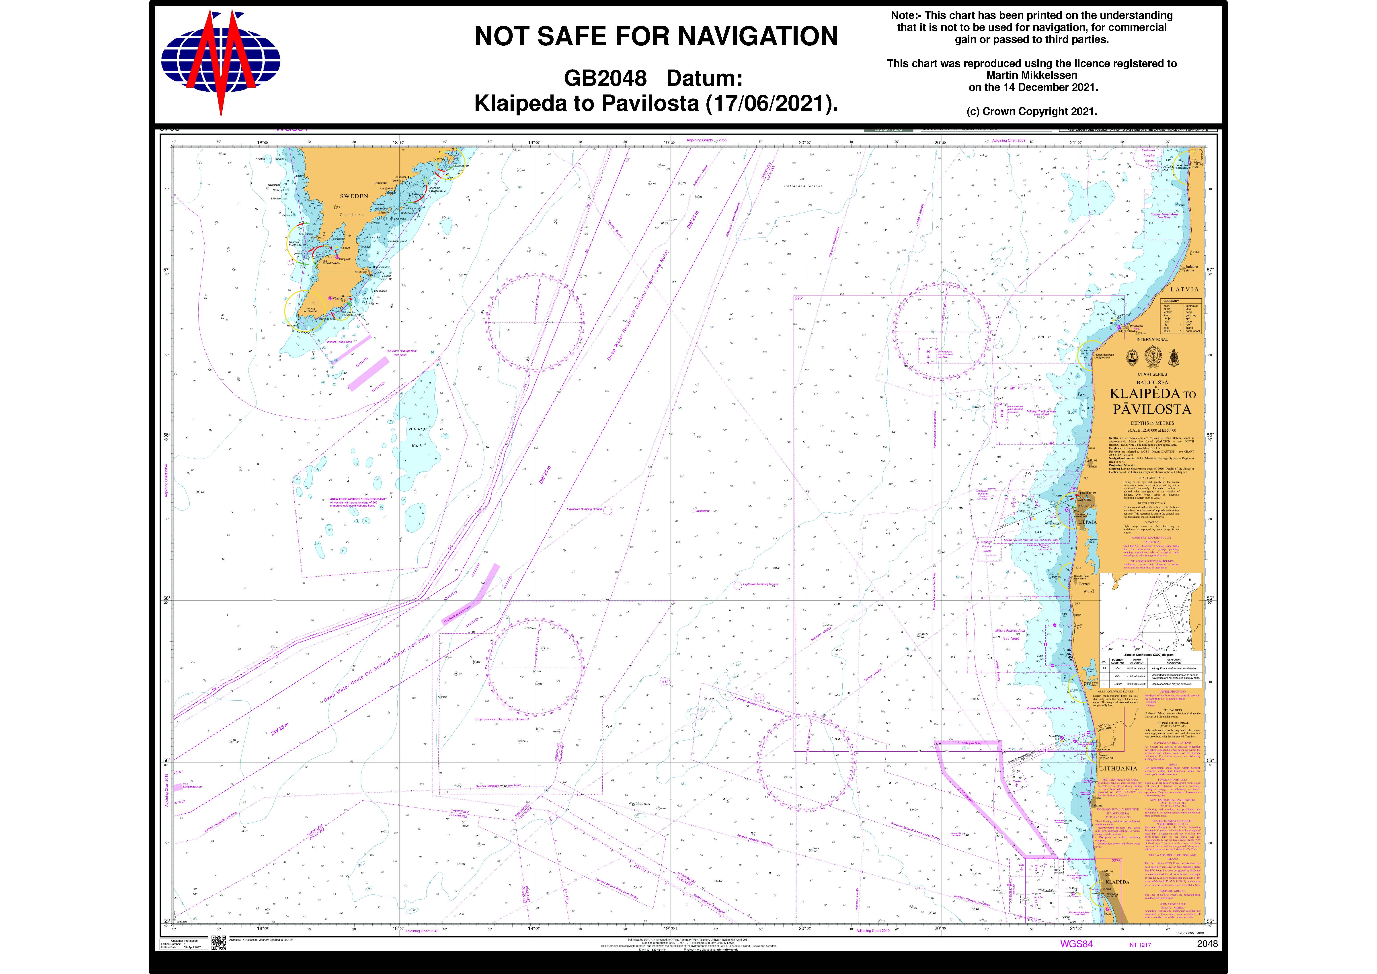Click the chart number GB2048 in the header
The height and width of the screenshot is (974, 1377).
pyautogui.click(x=605, y=79)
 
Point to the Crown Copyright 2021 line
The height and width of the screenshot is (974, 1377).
pyautogui.click(x=1032, y=112)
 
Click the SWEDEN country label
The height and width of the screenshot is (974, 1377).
pyautogui.click(x=354, y=196)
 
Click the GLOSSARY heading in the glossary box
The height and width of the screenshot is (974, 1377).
pyautogui.click(x=1171, y=301)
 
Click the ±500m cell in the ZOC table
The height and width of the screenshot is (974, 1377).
pyautogui.click(x=1117, y=684)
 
